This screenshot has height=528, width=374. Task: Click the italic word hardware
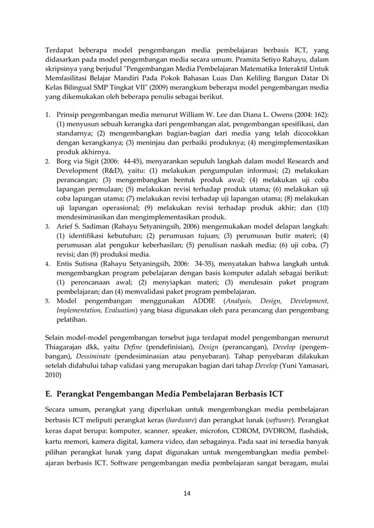point(181,421)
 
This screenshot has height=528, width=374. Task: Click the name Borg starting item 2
point(65,161)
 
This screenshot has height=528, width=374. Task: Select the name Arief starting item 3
point(66,227)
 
